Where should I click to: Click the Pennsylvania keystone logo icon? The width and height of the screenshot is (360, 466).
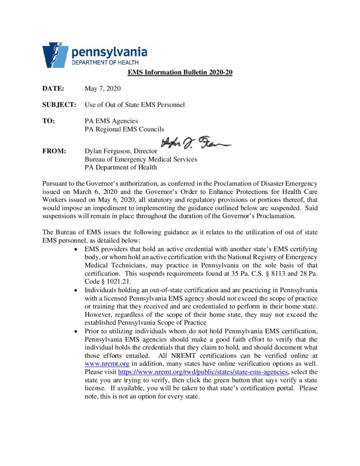(55, 55)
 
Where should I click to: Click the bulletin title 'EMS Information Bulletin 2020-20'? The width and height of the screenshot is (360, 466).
(180, 73)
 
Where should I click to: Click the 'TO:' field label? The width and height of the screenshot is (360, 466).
(49, 121)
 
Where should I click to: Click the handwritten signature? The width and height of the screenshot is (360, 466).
(196, 145)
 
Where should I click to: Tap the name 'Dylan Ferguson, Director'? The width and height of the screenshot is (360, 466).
(121, 151)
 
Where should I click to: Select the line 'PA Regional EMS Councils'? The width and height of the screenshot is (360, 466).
(124, 129)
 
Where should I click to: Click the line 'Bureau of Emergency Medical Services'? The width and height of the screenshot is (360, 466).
(141, 159)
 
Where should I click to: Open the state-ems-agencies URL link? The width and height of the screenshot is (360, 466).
(203, 372)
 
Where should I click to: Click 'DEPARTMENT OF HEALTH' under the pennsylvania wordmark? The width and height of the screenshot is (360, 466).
(105, 62)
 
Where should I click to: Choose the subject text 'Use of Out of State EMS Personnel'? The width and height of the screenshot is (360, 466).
(135, 105)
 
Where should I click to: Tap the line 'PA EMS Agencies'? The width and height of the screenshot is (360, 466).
(112, 121)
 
